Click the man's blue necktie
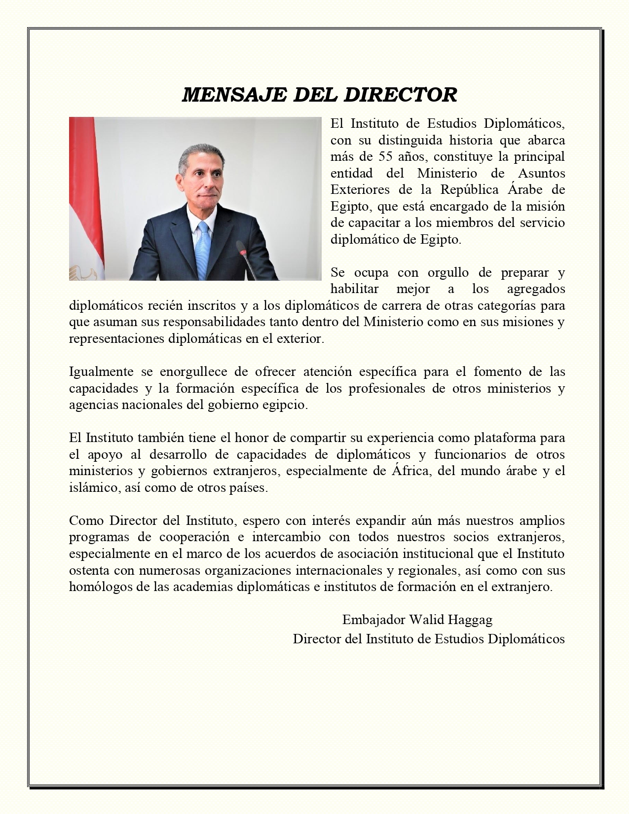click(x=201, y=246)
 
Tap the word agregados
click(x=536, y=289)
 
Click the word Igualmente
click(x=101, y=371)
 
